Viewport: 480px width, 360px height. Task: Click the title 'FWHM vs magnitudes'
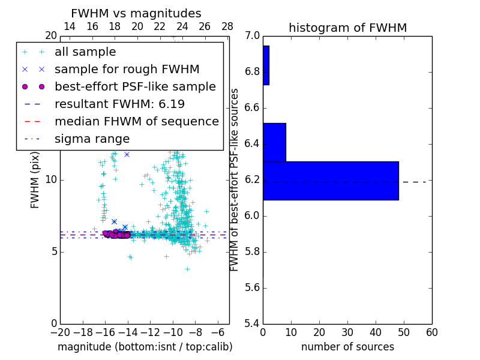tap(136, 13)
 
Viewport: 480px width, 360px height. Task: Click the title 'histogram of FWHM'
tap(347, 28)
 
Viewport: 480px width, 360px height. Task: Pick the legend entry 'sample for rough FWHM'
tap(127, 69)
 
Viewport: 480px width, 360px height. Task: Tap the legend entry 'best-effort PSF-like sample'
tap(135, 86)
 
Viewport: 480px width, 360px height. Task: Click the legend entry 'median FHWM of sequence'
tap(136, 121)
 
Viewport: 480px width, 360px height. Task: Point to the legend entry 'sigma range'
tap(92, 139)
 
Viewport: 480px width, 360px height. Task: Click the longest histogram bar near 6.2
tap(331, 181)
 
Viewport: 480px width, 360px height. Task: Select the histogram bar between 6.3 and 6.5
tap(274, 142)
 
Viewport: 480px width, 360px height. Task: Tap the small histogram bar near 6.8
tap(266, 65)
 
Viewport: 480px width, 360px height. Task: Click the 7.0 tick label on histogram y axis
tap(253, 36)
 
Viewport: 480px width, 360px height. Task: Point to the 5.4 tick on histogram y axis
tap(253, 323)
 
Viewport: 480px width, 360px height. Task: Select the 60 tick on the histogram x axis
tap(431, 332)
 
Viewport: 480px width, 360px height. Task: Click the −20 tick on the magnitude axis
tap(60, 332)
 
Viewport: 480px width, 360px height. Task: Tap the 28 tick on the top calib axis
tap(227, 26)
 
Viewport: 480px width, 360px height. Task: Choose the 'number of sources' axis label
tap(347, 347)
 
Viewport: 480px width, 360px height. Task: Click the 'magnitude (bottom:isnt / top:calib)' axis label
tap(145, 347)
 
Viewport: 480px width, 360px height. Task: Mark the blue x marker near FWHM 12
tap(127, 154)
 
